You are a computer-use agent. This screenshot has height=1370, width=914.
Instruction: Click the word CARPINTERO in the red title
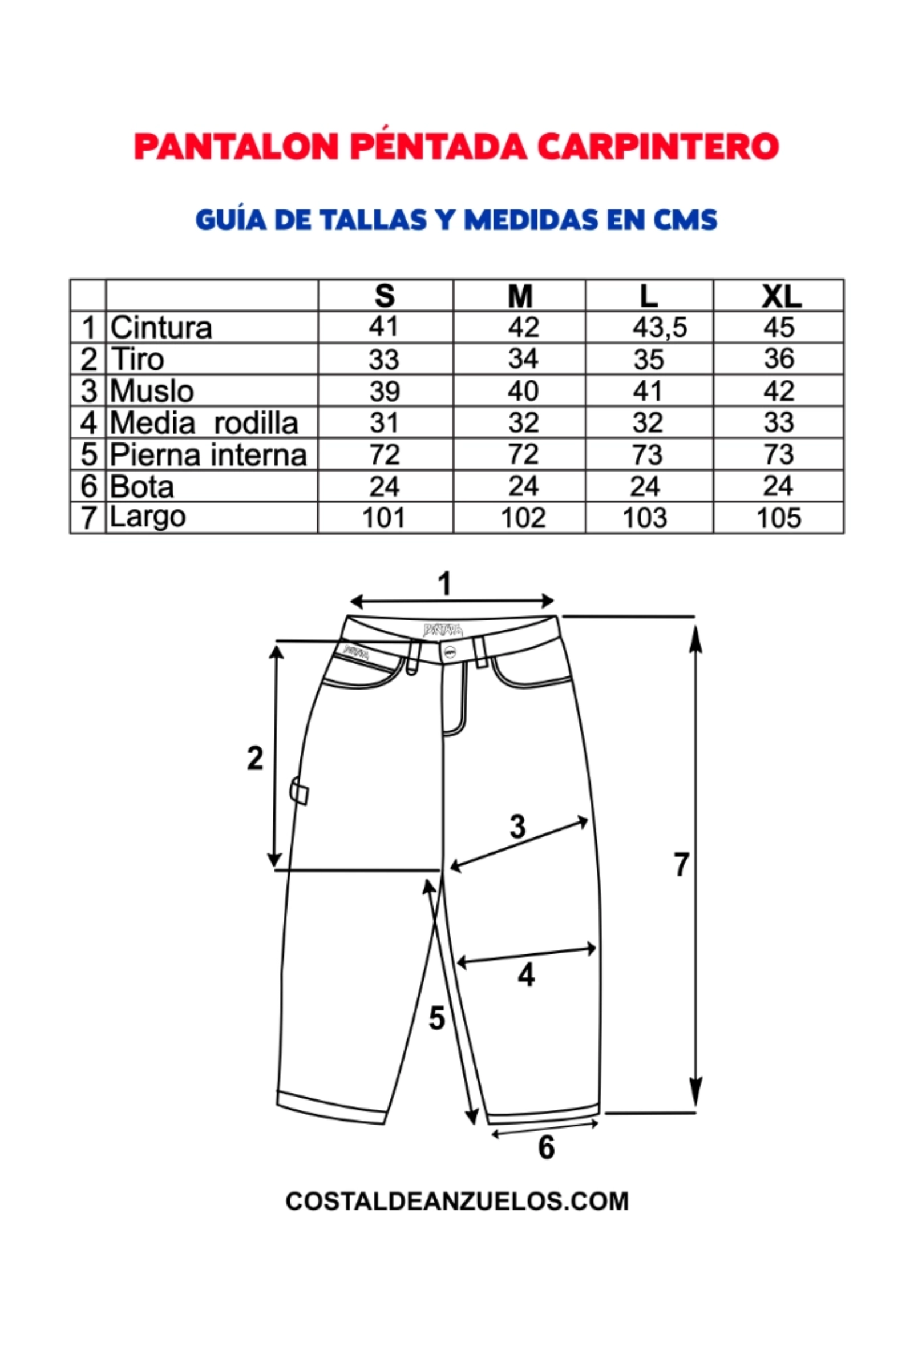click(x=658, y=146)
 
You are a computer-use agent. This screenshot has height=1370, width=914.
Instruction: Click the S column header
click(x=385, y=296)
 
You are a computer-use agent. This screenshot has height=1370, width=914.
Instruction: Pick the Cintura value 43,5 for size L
click(x=660, y=328)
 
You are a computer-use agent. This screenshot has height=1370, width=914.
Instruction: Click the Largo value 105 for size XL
click(x=779, y=518)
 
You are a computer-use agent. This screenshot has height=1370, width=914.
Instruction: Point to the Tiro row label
click(x=137, y=358)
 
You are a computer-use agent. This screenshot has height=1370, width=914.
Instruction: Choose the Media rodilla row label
click(x=204, y=423)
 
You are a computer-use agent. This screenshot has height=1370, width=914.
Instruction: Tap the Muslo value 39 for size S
click(x=385, y=391)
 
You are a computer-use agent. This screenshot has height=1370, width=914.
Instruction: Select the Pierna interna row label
click(x=208, y=455)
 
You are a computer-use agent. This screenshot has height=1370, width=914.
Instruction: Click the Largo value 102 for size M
click(x=523, y=518)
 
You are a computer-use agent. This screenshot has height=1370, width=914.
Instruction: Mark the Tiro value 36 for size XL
click(x=779, y=358)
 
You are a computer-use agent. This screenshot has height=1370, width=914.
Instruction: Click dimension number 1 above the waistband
click(x=445, y=584)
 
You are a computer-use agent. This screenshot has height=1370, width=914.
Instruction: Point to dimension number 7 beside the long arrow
click(x=681, y=865)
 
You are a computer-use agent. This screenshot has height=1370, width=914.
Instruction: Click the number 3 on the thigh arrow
click(x=517, y=827)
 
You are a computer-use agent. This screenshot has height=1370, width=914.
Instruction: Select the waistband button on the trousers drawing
click(x=449, y=651)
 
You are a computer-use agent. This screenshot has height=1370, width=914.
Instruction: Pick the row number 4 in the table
click(x=88, y=423)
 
